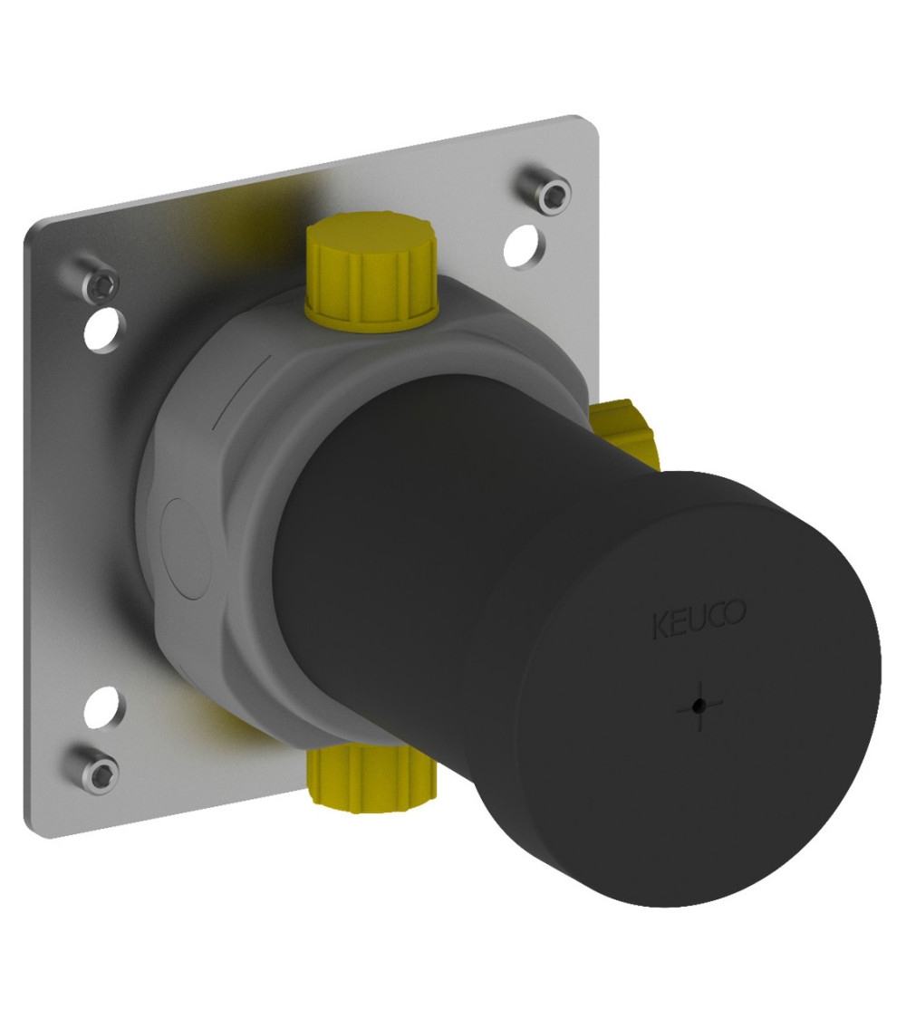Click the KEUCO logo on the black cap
pos(699,618)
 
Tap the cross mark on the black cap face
pos(699,706)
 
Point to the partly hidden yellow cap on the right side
pos(625,433)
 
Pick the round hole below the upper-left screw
pos(102,330)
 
